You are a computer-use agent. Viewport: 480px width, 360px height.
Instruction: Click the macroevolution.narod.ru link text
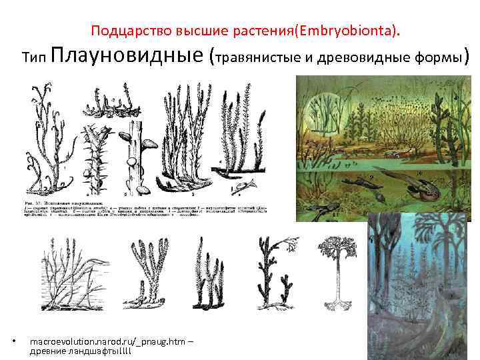109,341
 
